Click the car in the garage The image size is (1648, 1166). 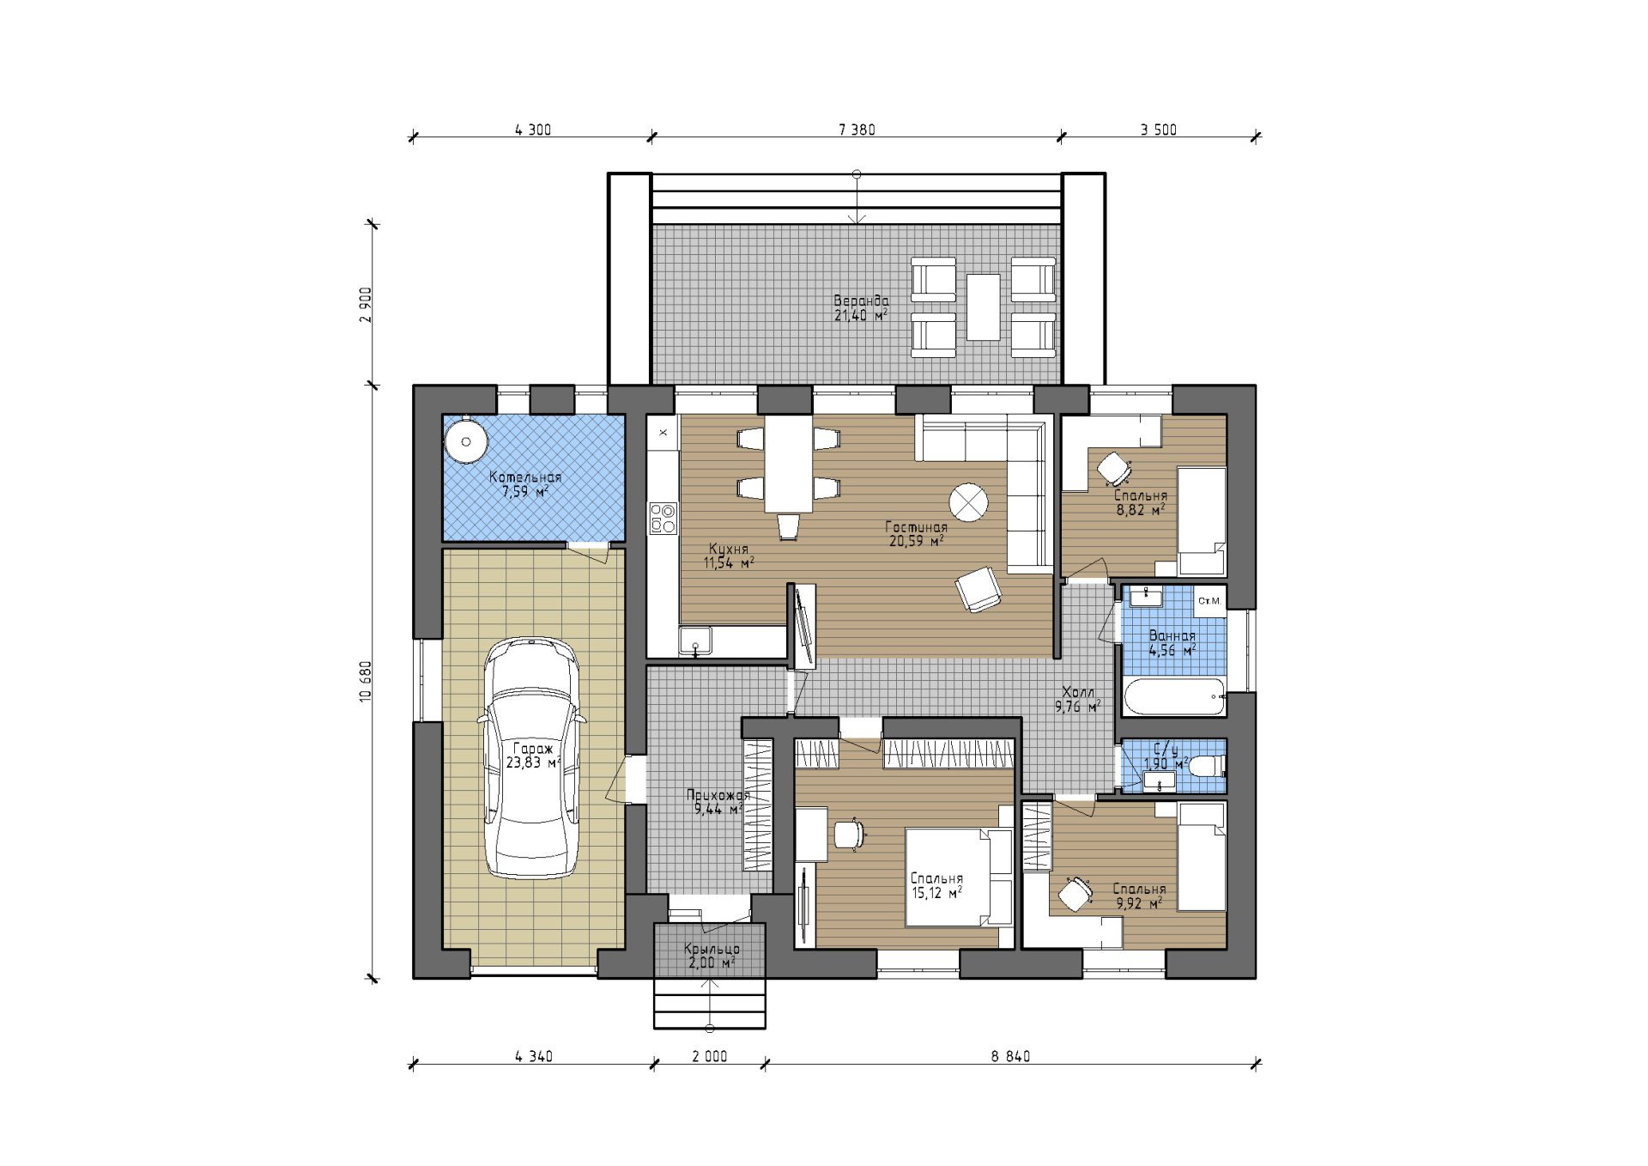pyautogui.click(x=532, y=758)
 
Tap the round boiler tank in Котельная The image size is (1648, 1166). pyautogui.click(x=466, y=442)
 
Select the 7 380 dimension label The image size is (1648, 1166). pyautogui.click(x=857, y=130)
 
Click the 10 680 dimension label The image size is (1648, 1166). pyautogui.click(x=366, y=682)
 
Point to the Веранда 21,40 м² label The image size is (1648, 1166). pyautogui.click(x=861, y=308)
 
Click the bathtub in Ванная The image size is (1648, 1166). pyautogui.click(x=1172, y=697)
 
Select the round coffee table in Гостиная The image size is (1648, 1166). pyautogui.click(x=968, y=501)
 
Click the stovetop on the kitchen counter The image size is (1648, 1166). pyautogui.click(x=663, y=518)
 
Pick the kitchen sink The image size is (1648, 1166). pyautogui.click(x=695, y=641)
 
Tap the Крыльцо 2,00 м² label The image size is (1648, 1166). pyautogui.click(x=712, y=956)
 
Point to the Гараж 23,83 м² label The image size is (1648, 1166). pyautogui.click(x=533, y=756)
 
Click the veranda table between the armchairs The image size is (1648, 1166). pyautogui.click(x=983, y=307)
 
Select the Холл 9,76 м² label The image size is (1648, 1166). pyautogui.click(x=1078, y=700)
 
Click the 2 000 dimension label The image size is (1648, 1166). pyautogui.click(x=710, y=1056)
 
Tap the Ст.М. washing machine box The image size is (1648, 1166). pyautogui.click(x=1210, y=601)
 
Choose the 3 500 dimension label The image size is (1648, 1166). pyautogui.click(x=1159, y=130)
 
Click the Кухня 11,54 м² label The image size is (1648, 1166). pyautogui.click(x=729, y=556)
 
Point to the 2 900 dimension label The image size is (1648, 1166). pyautogui.click(x=366, y=305)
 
